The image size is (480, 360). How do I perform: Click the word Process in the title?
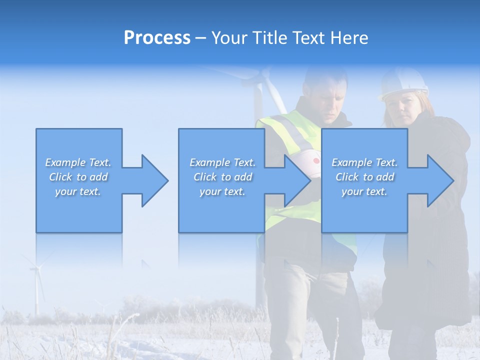157,38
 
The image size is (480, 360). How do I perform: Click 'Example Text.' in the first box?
78,162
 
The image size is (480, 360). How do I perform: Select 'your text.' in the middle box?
222,191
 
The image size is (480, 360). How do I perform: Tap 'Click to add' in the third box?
364,177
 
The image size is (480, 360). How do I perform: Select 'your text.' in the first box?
78,191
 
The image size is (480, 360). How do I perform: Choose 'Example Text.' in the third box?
364,162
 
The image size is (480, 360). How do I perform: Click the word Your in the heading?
231,38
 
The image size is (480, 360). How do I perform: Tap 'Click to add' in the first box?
78,177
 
